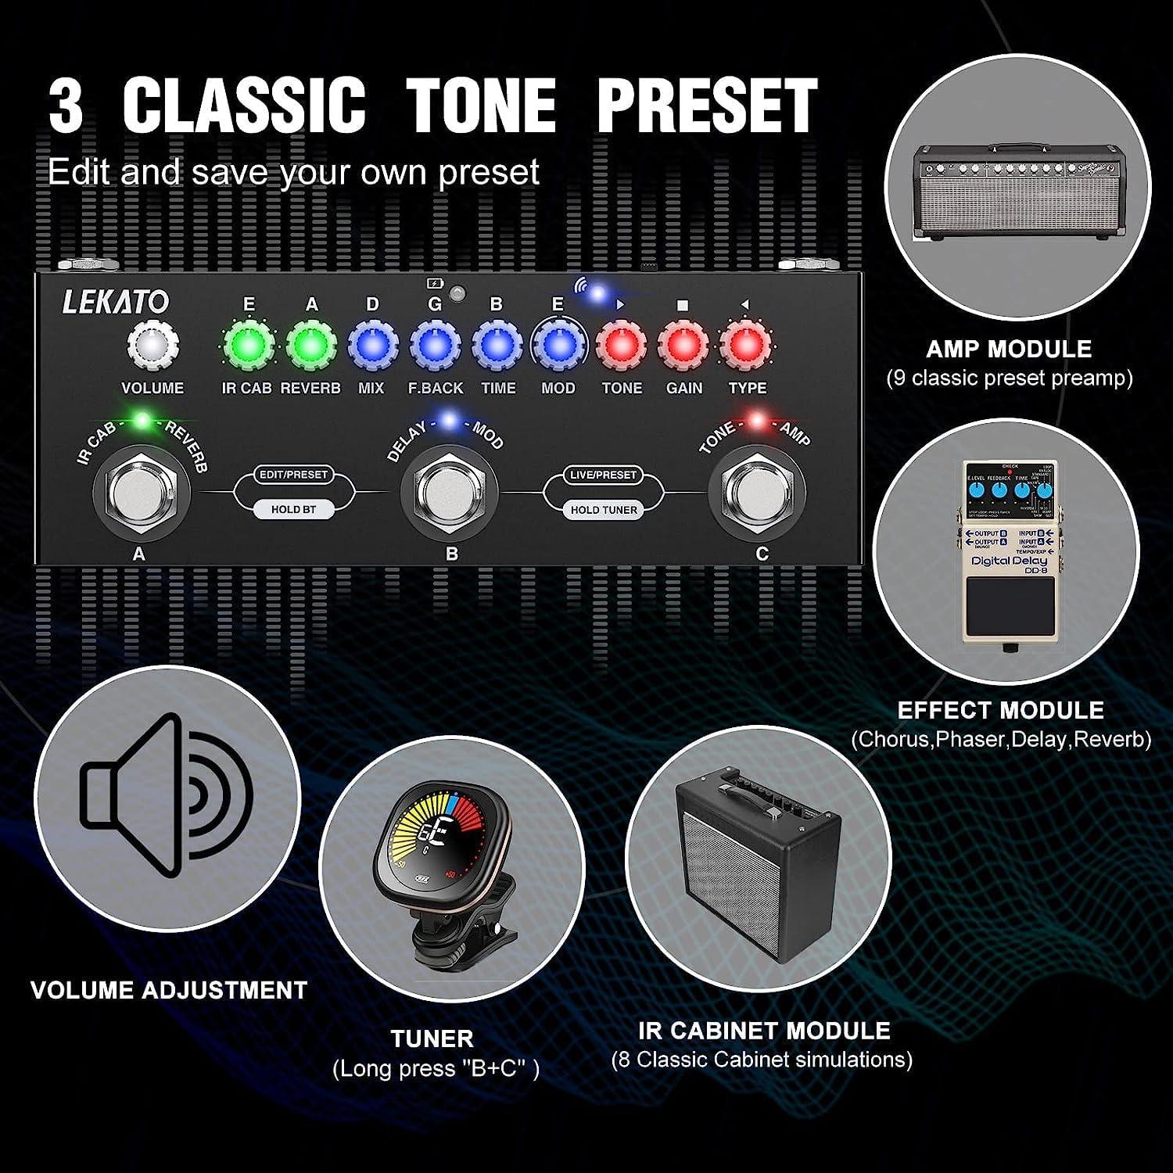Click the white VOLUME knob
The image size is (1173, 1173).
(153, 345)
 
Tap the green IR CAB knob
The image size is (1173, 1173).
(248, 345)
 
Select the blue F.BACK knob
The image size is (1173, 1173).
(435, 345)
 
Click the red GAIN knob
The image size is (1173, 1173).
(683, 345)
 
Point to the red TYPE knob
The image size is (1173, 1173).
(744, 345)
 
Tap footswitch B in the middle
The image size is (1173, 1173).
(449, 493)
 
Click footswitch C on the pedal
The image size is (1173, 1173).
(757, 493)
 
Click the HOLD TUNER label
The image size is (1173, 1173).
(604, 510)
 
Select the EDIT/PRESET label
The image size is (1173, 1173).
(293, 475)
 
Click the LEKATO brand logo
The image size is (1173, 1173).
(115, 302)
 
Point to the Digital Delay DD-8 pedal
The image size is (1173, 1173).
(1006, 552)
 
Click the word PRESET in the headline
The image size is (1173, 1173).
(707, 106)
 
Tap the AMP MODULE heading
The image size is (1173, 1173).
(1009, 349)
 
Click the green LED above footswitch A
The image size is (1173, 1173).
(142, 421)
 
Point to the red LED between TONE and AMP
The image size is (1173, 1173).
(757, 421)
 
